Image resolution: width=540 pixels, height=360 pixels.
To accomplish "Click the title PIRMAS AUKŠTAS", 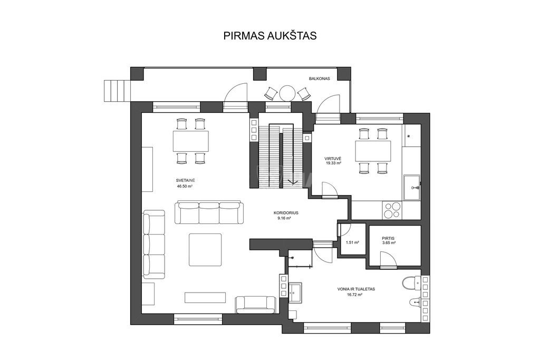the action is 270,36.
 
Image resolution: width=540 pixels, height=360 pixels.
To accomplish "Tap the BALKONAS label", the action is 319,79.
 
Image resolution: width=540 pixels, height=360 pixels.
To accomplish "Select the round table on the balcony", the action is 286,93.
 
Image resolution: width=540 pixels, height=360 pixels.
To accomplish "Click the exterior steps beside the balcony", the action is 118,91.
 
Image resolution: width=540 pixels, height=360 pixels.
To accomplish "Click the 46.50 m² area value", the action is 185,186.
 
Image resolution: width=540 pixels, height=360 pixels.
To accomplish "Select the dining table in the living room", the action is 191,141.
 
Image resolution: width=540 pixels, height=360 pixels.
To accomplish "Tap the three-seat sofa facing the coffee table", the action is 209,213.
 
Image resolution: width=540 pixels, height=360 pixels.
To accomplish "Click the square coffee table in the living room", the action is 205,250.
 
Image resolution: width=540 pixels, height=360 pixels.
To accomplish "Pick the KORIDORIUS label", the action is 286,213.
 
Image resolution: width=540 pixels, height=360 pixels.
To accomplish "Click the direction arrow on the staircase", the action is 293,182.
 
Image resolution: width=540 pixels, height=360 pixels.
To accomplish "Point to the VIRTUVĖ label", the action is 333,159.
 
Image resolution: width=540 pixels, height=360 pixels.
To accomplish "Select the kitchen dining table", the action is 373,151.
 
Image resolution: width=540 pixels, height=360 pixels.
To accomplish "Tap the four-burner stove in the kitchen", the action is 392,210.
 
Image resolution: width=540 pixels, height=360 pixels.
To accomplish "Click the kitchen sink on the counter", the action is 412,188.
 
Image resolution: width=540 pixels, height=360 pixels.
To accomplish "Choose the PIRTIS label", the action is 388,238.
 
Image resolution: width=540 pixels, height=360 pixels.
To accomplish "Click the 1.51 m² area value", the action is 352,242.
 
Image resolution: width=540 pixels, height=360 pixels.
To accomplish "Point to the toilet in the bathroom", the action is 411,283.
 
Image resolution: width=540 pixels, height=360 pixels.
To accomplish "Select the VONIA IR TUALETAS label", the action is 356,289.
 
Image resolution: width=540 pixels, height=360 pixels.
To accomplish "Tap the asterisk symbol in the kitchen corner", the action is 409,137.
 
